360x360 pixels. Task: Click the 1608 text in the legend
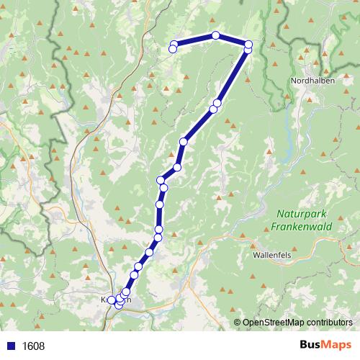33,346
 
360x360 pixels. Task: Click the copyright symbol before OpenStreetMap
237,323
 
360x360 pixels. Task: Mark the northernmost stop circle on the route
215,35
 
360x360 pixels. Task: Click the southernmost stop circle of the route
119,306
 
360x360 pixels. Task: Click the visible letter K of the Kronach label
105,300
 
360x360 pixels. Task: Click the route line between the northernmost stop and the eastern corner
232,40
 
